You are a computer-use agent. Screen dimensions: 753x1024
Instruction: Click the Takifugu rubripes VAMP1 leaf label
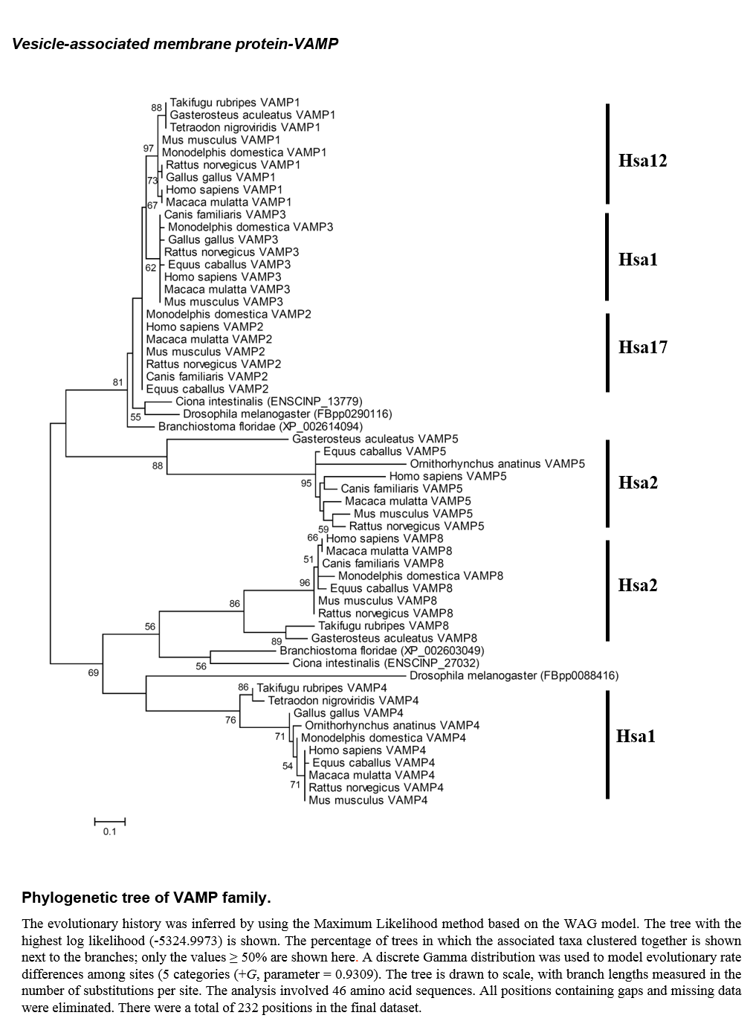click(234, 103)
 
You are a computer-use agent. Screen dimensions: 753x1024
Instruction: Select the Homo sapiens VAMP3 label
click(222, 277)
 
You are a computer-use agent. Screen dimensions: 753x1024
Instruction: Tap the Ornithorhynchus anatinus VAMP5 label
click(497, 463)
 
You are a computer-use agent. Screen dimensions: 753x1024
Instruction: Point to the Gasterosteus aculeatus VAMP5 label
click(375, 439)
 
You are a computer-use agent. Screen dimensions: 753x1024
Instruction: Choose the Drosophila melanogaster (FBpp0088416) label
click(514, 675)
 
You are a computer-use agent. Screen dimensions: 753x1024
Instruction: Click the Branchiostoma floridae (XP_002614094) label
click(260, 427)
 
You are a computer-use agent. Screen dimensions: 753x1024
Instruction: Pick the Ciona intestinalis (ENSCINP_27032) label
click(386, 663)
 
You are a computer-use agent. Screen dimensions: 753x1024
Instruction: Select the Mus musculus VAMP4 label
click(368, 800)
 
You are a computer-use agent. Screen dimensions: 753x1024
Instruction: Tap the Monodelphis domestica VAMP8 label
click(421, 576)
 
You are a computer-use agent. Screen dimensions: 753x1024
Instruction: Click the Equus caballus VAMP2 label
click(207, 389)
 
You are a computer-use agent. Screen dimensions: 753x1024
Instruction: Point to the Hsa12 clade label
click(642, 161)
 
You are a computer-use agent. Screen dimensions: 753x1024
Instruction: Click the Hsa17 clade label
click(643, 347)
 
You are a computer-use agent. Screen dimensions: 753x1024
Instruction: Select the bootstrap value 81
click(118, 382)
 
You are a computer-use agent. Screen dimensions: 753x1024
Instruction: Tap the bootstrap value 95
click(306, 483)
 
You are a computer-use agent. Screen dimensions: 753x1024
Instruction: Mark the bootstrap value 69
click(93, 672)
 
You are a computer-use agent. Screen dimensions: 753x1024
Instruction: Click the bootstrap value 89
click(277, 641)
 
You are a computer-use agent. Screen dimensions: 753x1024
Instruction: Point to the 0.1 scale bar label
click(110, 831)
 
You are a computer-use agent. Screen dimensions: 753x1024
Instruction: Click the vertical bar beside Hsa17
click(607, 352)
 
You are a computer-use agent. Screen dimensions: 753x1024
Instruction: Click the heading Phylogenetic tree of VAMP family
click(146, 898)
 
